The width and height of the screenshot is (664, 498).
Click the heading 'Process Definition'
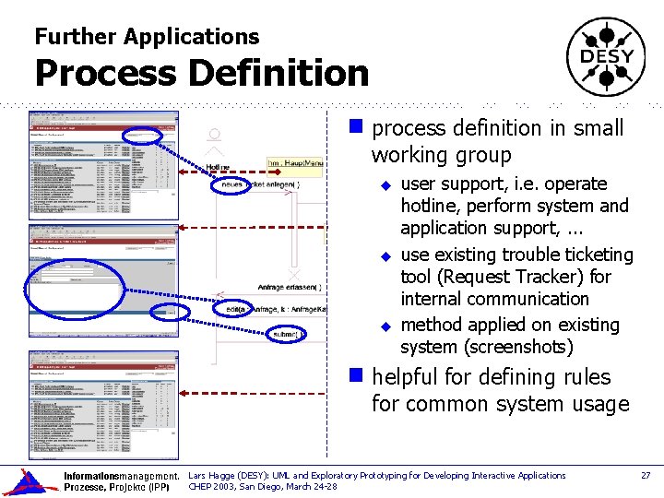click(201, 73)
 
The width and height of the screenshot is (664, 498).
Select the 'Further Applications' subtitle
click(147, 37)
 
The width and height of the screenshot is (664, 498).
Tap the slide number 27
click(646, 476)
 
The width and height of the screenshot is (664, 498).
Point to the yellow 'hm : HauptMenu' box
click(295, 163)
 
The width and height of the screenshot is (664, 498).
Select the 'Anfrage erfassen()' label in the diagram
click(289, 288)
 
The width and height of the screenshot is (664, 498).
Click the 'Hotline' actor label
click(219, 168)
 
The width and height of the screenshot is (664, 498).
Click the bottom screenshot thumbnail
click(103, 404)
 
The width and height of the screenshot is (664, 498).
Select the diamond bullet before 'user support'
click(387, 185)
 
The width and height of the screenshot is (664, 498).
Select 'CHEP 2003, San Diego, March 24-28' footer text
click(263, 487)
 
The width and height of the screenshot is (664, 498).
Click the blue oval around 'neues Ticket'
click(242, 185)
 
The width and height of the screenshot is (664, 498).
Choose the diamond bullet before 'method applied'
click(387, 326)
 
